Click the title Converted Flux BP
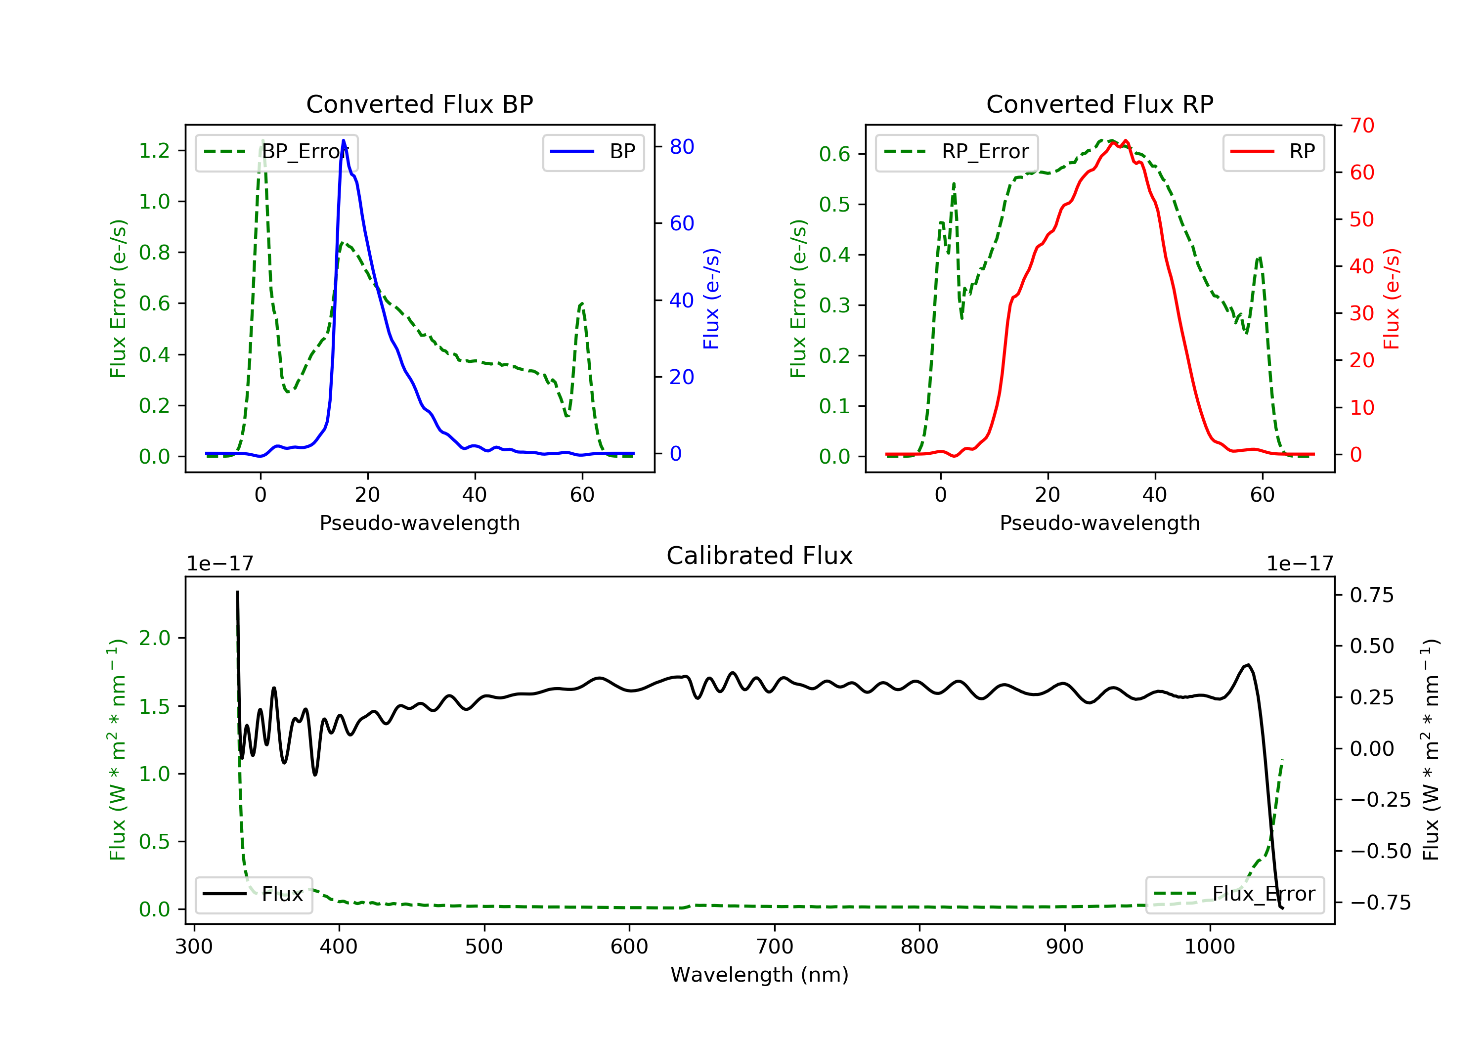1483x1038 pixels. click(x=419, y=104)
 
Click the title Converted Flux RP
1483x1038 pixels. click(x=1099, y=104)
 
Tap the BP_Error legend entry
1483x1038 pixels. click(x=276, y=152)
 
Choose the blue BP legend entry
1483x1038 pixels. click(x=593, y=152)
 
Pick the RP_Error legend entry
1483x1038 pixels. click(x=956, y=152)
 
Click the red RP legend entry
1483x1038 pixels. click(x=1273, y=152)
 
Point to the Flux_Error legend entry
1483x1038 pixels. click(x=1234, y=894)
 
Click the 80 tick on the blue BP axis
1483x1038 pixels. click(x=681, y=147)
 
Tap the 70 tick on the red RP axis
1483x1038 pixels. click(x=1361, y=126)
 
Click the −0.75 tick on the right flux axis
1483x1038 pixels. click(x=1380, y=903)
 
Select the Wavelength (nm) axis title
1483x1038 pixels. click(x=760, y=975)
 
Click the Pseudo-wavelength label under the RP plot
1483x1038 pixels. click(x=1099, y=522)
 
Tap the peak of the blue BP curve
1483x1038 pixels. click(x=343, y=140)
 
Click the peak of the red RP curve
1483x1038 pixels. click(x=1125, y=141)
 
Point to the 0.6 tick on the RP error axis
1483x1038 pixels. click(x=834, y=154)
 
